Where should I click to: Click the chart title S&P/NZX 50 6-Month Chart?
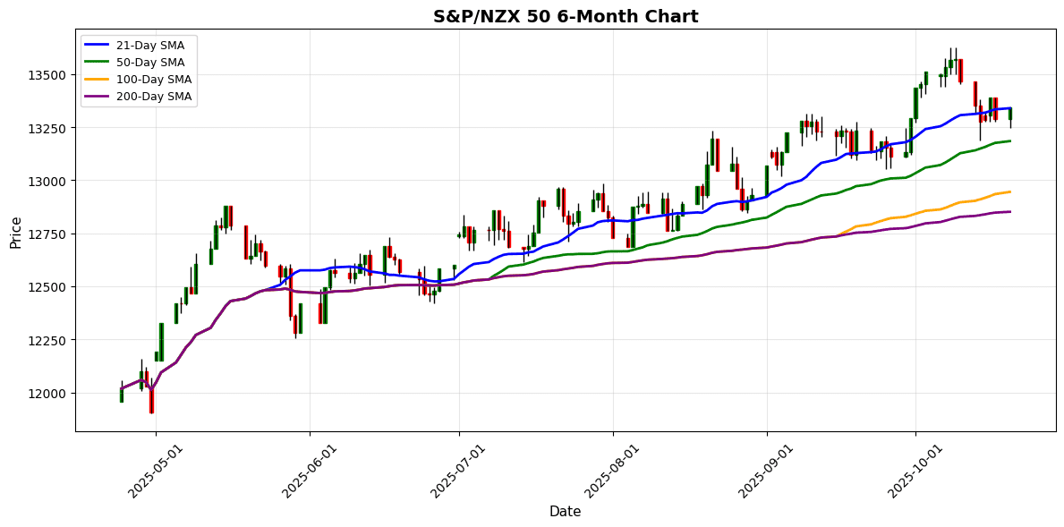tap(566, 16)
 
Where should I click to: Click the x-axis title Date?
tap(566, 512)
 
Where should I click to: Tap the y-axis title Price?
tap(15, 232)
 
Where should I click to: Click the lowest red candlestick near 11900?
tap(151, 399)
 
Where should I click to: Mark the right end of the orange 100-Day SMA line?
tap(1010, 191)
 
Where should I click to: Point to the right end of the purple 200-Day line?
tap(1010, 212)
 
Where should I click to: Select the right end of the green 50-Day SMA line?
tap(1010, 140)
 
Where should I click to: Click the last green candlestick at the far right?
tap(1010, 114)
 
